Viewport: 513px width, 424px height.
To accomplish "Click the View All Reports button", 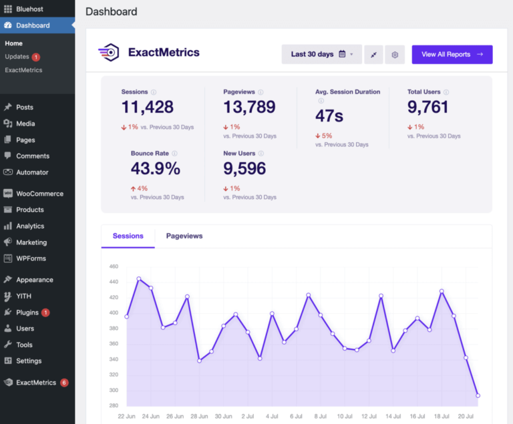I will coord(452,55).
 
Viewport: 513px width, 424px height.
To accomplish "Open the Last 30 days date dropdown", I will coord(321,55).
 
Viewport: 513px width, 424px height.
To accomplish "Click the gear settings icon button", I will coord(395,55).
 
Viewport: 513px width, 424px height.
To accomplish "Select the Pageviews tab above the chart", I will coord(184,236).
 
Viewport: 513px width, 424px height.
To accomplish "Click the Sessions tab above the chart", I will coord(128,236).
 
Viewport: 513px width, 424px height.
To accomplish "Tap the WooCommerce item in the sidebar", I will coord(39,194).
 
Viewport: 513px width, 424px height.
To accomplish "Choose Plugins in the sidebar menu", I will coord(27,312).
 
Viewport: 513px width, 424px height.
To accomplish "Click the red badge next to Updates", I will coord(36,57).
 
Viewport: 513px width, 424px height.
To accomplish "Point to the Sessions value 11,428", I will coord(148,107).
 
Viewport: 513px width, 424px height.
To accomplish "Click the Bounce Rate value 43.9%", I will coord(155,169).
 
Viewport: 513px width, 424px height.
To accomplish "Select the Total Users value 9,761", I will coord(427,107).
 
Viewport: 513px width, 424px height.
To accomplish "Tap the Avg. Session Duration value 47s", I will coord(329,116).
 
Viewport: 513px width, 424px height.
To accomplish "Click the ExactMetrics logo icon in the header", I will coord(109,52).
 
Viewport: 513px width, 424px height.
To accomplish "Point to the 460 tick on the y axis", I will coord(113,266).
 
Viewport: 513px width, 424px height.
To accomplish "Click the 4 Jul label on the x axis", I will coord(272,415).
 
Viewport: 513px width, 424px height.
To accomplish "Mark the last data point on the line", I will coord(478,395).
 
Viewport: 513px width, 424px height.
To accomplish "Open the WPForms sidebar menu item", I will coord(31,258).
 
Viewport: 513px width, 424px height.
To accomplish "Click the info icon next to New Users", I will coord(261,154).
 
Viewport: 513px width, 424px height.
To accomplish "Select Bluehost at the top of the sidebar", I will coord(29,9).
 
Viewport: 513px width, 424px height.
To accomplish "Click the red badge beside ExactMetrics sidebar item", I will coord(64,383).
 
